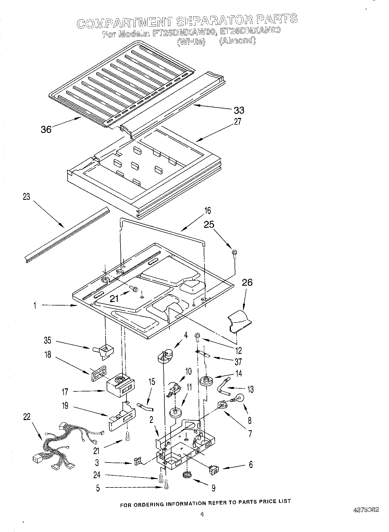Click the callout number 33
point(239,110)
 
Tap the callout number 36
point(46,130)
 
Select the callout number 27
point(237,122)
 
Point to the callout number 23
point(26,197)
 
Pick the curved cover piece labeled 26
point(239,321)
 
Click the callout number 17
point(65,392)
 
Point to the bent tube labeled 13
point(223,387)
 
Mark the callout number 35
point(47,340)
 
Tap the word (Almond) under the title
point(238,41)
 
